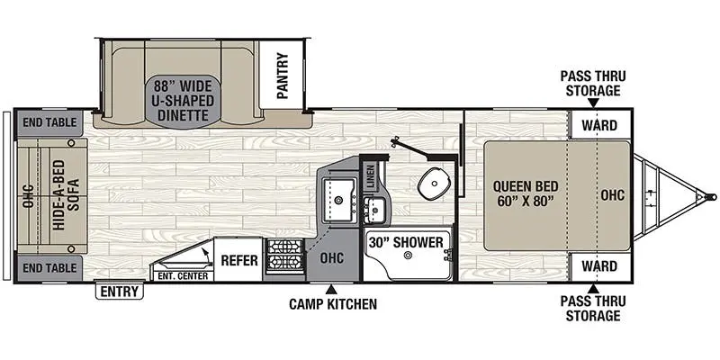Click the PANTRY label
pos(283,76)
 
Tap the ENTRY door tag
pos(120,292)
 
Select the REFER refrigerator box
pos(238,260)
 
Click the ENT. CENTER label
pos(183,276)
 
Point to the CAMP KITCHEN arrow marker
pos(331,290)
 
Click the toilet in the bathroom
pos(433,184)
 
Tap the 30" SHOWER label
pos(406,242)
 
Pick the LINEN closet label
pos(371,176)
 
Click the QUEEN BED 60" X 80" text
pos(526,193)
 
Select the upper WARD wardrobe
pos(599,124)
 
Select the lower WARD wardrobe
pos(599,265)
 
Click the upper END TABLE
pos(49,122)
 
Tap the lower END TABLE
pos(49,267)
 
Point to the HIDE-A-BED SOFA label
pos(66,195)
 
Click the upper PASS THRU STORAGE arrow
pos(593,103)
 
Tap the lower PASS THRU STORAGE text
pos(593,309)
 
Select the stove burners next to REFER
pos(284,256)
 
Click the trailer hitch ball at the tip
pos(713,197)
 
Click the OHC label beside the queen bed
pos(613,195)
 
